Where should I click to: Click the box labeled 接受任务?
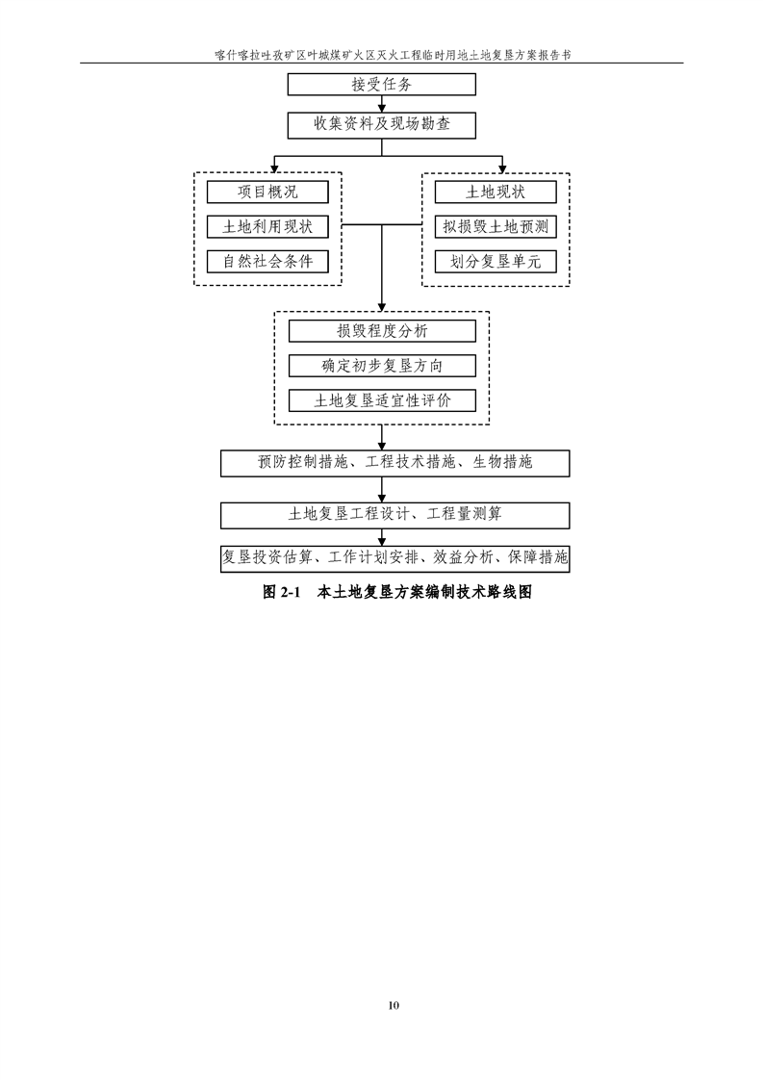[381, 84]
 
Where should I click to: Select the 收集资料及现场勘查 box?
[381, 125]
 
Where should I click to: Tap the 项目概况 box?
[267, 193]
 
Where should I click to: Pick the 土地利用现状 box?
[267, 226]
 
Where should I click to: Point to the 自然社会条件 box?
[267, 261]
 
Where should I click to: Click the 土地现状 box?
[496, 193]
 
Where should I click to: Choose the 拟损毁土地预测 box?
[496, 226]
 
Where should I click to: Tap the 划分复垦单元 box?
[496, 261]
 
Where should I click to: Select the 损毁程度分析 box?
[382, 330]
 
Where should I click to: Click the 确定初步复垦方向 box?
[382, 366]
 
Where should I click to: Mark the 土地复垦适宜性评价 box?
[382, 400]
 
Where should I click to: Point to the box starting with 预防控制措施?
[395, 463]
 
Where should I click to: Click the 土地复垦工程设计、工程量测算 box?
[395, 515]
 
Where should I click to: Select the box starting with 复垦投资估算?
[395, 558]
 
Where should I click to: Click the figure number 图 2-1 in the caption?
[282, 592]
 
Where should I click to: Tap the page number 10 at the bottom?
[394, 1006]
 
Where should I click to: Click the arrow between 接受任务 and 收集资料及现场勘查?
[382, 103]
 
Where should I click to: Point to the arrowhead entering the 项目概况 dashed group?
[275, 168]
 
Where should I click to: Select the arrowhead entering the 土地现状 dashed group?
[502, 168]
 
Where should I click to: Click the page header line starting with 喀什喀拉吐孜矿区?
[393, 55]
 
